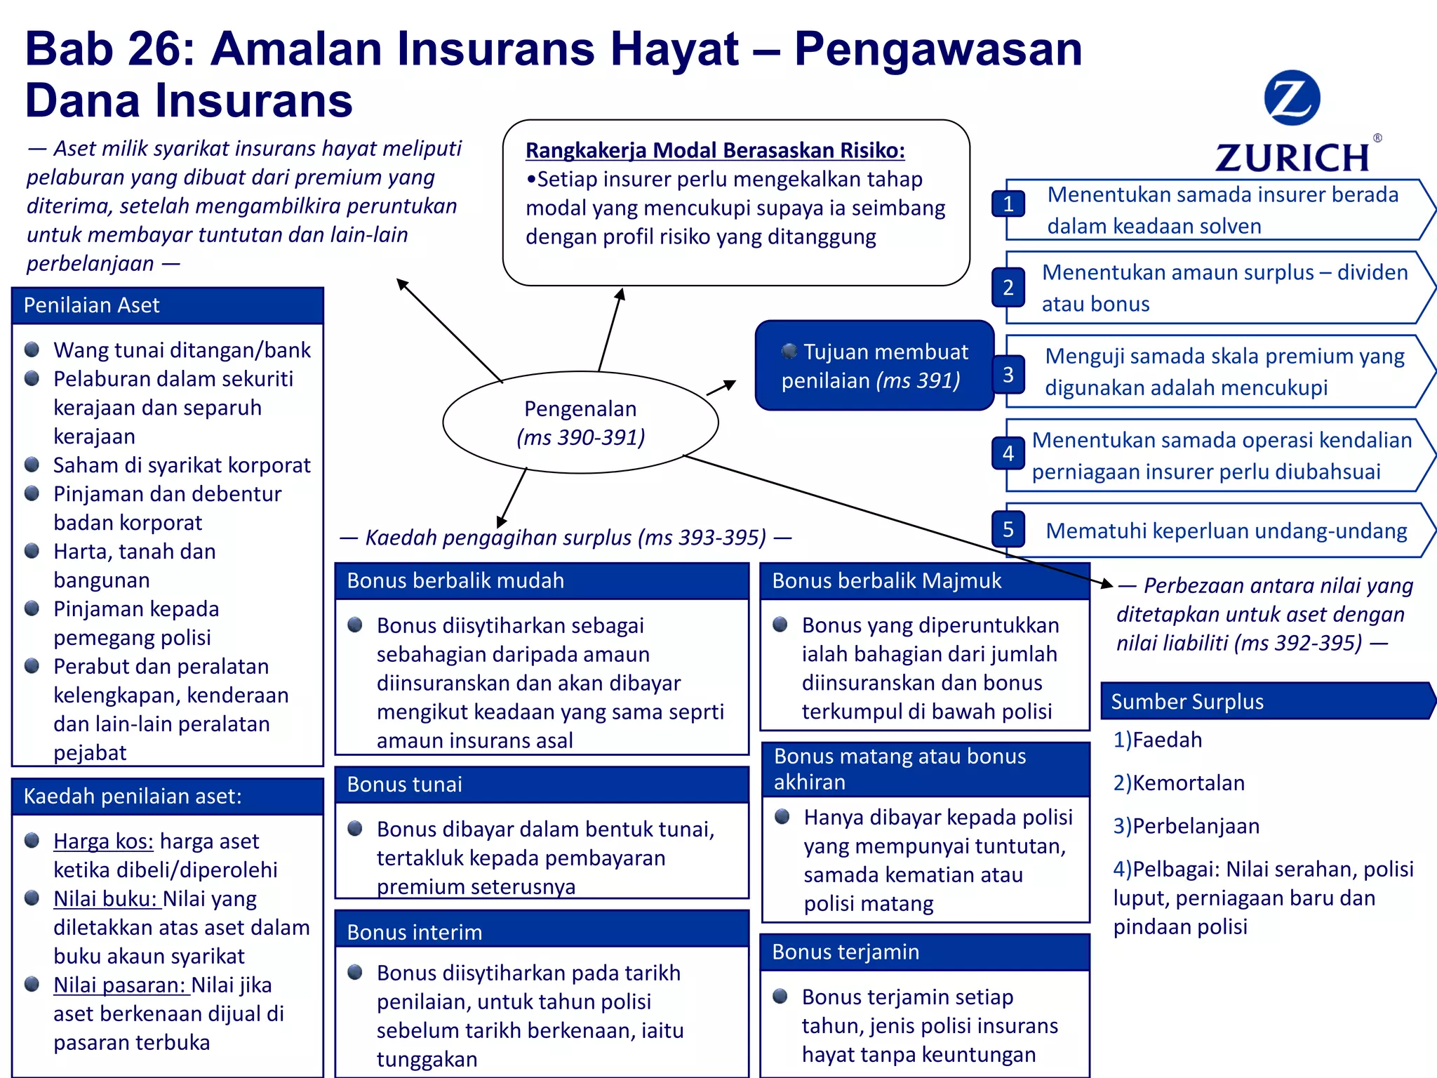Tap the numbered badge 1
tap(1008, 204)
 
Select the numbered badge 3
tap(1008, 374)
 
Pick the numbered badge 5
tap(1008, 529)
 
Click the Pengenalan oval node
tap(580, 422)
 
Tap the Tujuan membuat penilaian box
tap(874, 366)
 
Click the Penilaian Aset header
tap(167, 305)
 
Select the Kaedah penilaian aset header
tap(167, 796)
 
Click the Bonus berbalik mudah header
tap(541, 580)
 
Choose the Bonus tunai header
tap(541, 784)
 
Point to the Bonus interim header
tap(541, 931)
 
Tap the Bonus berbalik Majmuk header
tap(924, 580)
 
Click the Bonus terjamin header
tap(924, 952)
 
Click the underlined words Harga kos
tap(103, 841)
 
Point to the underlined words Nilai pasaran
tap(120, 985)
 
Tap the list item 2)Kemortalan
tap(1179, 783)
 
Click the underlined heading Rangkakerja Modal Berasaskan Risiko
tap(715, 150)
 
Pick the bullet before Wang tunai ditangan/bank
tap(32, 350)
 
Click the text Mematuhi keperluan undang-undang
tap(1226, 531)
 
